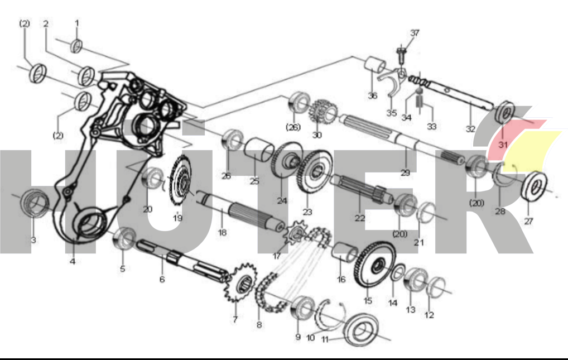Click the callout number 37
pyautogui.click(x=415, y=33)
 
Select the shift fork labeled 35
pyautogui.click(x=392, y=81)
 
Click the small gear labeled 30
pyautogui.click(x=322, y=112)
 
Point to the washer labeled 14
pyautogui.click(x=399, y=272)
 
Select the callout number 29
pyautogui.click(x=405, y=172)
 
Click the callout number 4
pyautogui.click(x=73, y=261)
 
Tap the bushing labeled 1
pyautogui.click(x=76, y=46)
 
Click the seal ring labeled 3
pyautogui.click(x=35, y=203)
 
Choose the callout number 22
pyautogui.click(x=360, y=218)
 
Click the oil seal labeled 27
pyautogui.click(x=535, y=186)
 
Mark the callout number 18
pyautogui.click(x=222, y=232)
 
